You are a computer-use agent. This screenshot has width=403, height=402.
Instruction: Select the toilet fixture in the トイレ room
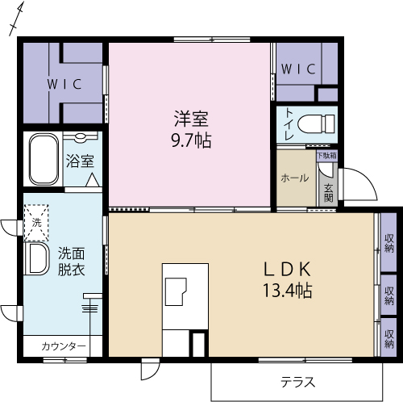click(x=315, y=124)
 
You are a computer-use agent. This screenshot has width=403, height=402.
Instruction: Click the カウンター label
click(x=64, y=346)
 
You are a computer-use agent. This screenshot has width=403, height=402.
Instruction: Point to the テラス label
click(x=297, y=382)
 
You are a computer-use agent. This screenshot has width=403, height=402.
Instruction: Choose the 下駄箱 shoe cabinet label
click(x=326, y=155)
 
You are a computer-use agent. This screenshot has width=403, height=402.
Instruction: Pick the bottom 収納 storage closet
click(x=388, y=333)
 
